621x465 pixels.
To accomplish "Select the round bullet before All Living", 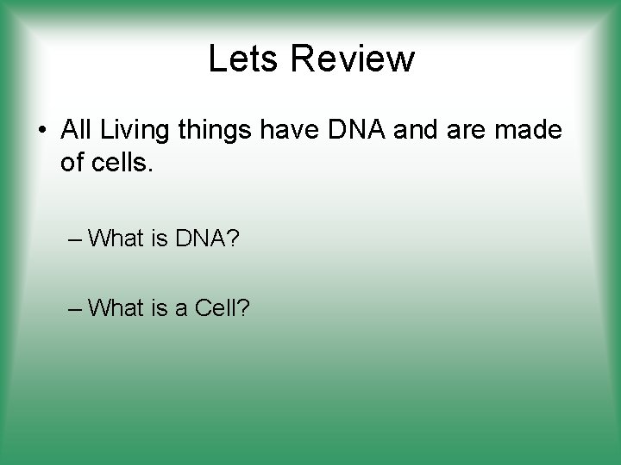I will pos(41,132).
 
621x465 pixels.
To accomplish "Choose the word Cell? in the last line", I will pos(222,307).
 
